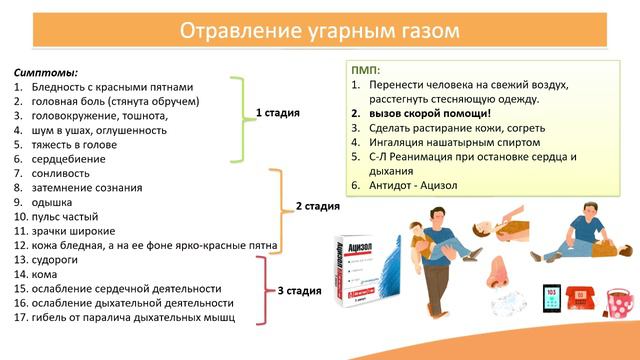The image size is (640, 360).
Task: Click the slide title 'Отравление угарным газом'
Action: pos(319,32)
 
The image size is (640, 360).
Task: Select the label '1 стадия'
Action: pos(278,113)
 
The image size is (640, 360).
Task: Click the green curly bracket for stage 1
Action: pos(238,117)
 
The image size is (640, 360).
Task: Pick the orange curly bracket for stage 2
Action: pos(277,210)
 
